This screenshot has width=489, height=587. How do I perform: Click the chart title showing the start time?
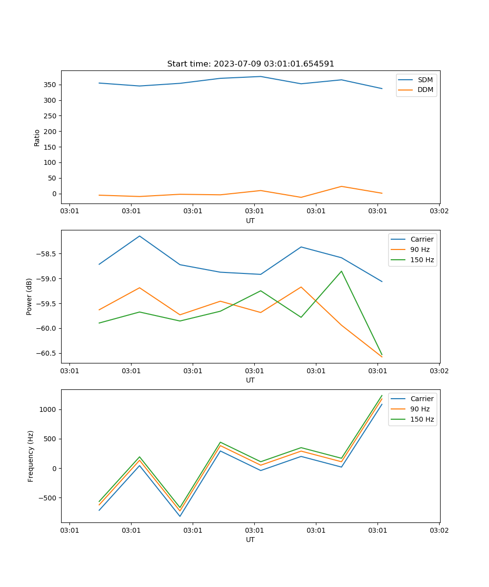coord(250,64)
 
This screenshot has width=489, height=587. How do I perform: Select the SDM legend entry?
coord(425,80)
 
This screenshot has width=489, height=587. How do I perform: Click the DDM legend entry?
coord(425,90)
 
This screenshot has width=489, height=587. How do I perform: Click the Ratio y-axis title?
coord(37,137)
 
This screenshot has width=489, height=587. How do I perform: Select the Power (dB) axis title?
coord(30,296)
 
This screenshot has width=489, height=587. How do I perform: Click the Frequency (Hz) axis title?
coord(31,456)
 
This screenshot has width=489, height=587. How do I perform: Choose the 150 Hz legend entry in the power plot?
coord(422,260)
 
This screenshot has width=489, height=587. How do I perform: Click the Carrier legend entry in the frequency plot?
coord(422,399)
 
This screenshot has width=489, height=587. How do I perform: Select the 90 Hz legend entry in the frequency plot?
coord(420,409)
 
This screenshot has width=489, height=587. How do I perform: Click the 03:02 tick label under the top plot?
coord(439,211)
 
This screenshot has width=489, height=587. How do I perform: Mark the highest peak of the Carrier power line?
coord(139,236)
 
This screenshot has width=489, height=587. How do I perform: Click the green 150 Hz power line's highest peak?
coord(341,271)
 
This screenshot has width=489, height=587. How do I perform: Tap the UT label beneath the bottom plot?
coord(250,540)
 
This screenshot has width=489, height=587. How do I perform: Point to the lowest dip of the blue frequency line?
coord(180,516)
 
